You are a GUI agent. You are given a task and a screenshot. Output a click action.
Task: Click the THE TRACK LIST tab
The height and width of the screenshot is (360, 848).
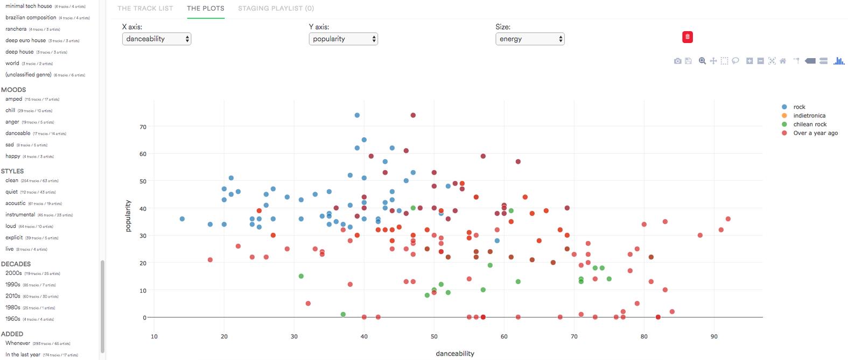pyautogui.click(x=145, y=9)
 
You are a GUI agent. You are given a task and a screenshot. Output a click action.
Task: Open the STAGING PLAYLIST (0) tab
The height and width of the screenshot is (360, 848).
pyautogui.click(x=276, y=9)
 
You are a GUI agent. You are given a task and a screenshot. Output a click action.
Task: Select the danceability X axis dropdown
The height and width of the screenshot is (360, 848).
pyautogui.click(x=157, y=39)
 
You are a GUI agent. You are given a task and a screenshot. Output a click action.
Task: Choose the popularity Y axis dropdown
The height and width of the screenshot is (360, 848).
pyautogui.click(x=344, y=39)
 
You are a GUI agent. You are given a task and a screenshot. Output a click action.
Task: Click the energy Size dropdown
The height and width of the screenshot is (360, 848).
pyautogui.click(x=530, y=39)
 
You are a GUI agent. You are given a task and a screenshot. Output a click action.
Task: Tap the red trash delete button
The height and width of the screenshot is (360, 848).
pyautogui.click(x=688, y=37)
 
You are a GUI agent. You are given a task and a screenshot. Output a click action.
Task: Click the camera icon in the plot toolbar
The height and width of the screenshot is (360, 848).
pyautogui.click(x=677, y=61)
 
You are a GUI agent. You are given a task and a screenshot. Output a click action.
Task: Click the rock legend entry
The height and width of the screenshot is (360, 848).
pyautogui.click(x=799, y=107)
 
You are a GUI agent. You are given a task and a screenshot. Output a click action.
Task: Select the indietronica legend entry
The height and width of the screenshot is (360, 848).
pyautogui.click(x=809, y=116)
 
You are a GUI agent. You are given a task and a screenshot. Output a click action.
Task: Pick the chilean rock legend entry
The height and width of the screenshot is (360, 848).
pyautogui.click(x=809, y=124)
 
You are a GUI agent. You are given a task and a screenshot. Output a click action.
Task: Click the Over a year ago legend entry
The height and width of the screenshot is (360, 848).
pyautogui.click(x=815, y=133)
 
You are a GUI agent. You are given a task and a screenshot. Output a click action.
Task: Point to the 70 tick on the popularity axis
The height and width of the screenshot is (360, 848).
pyautogui.click(x=143, y=127)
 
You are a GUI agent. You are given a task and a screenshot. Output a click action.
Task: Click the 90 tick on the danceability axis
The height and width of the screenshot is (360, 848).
pyautogui.click(x=714, y=337)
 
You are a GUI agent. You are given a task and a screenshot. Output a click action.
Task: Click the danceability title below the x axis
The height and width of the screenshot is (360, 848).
pyautogui.click(x=455, y=354)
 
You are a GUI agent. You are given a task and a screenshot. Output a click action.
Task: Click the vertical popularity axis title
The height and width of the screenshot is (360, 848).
pyautogui.click(x=128, y=216)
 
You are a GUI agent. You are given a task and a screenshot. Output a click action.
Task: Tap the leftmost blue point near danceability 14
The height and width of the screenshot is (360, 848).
pyautogui.click(x=182, y=219)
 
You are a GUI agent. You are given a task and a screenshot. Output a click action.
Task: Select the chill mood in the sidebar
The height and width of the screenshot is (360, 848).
pyautogui.click(x=10, y=110)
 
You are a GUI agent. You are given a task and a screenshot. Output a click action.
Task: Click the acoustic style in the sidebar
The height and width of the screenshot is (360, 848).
pyautogui.click(x=16, y=203)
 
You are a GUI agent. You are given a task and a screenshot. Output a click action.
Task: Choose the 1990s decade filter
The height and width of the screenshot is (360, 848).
pyautogui.click(x=13, y=285)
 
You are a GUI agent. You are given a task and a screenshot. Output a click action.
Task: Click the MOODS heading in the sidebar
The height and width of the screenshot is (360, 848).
pyautogui.click(x=13, y=90)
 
